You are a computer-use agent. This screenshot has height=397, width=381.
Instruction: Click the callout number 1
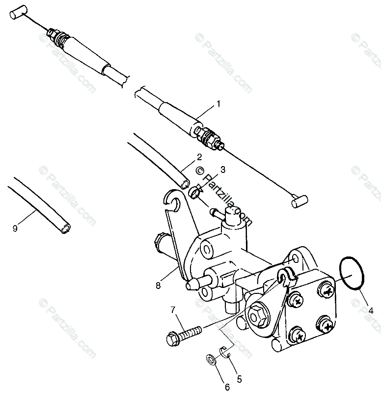tap(218, 104)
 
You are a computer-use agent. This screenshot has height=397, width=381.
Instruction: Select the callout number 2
tap(199, 158)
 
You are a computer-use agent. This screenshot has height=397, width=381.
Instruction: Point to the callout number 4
tap(371, 310)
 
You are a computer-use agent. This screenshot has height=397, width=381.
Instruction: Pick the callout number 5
tap(239, 379)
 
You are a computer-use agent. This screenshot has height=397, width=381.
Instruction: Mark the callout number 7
tap(173, 310)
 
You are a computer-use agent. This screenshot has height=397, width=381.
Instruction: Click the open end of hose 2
tap(184, 184)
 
